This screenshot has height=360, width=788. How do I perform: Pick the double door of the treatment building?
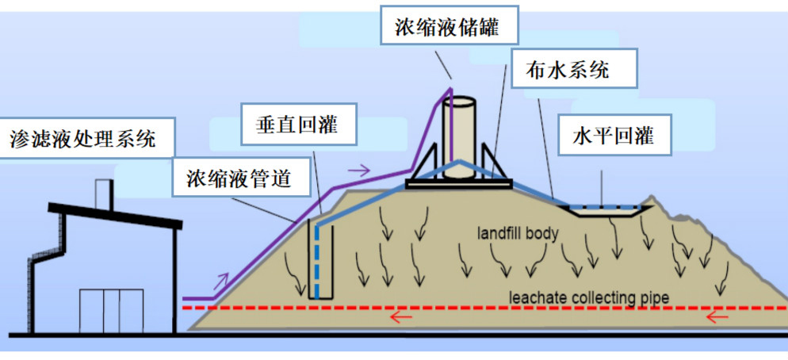coord(111,310)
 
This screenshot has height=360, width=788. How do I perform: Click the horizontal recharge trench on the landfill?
coord(605,210)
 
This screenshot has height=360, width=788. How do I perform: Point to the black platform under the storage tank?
coord(457,185)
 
